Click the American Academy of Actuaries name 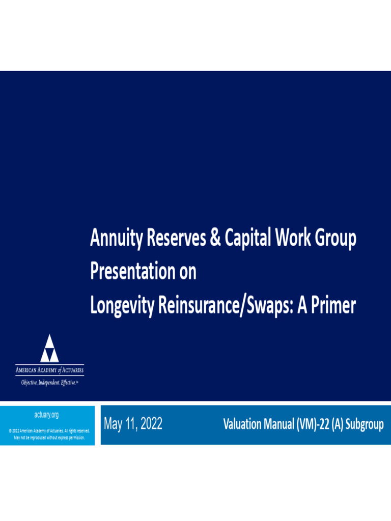click(49, 370)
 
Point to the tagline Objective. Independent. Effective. click(49, 382)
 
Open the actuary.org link click(46, 415)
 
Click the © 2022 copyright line click(49, 431)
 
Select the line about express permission click(49, 437)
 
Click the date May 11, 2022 click(133, 424)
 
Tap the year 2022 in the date click(151, 424)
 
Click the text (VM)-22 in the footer click(308, 424)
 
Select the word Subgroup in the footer click(364, 424)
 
